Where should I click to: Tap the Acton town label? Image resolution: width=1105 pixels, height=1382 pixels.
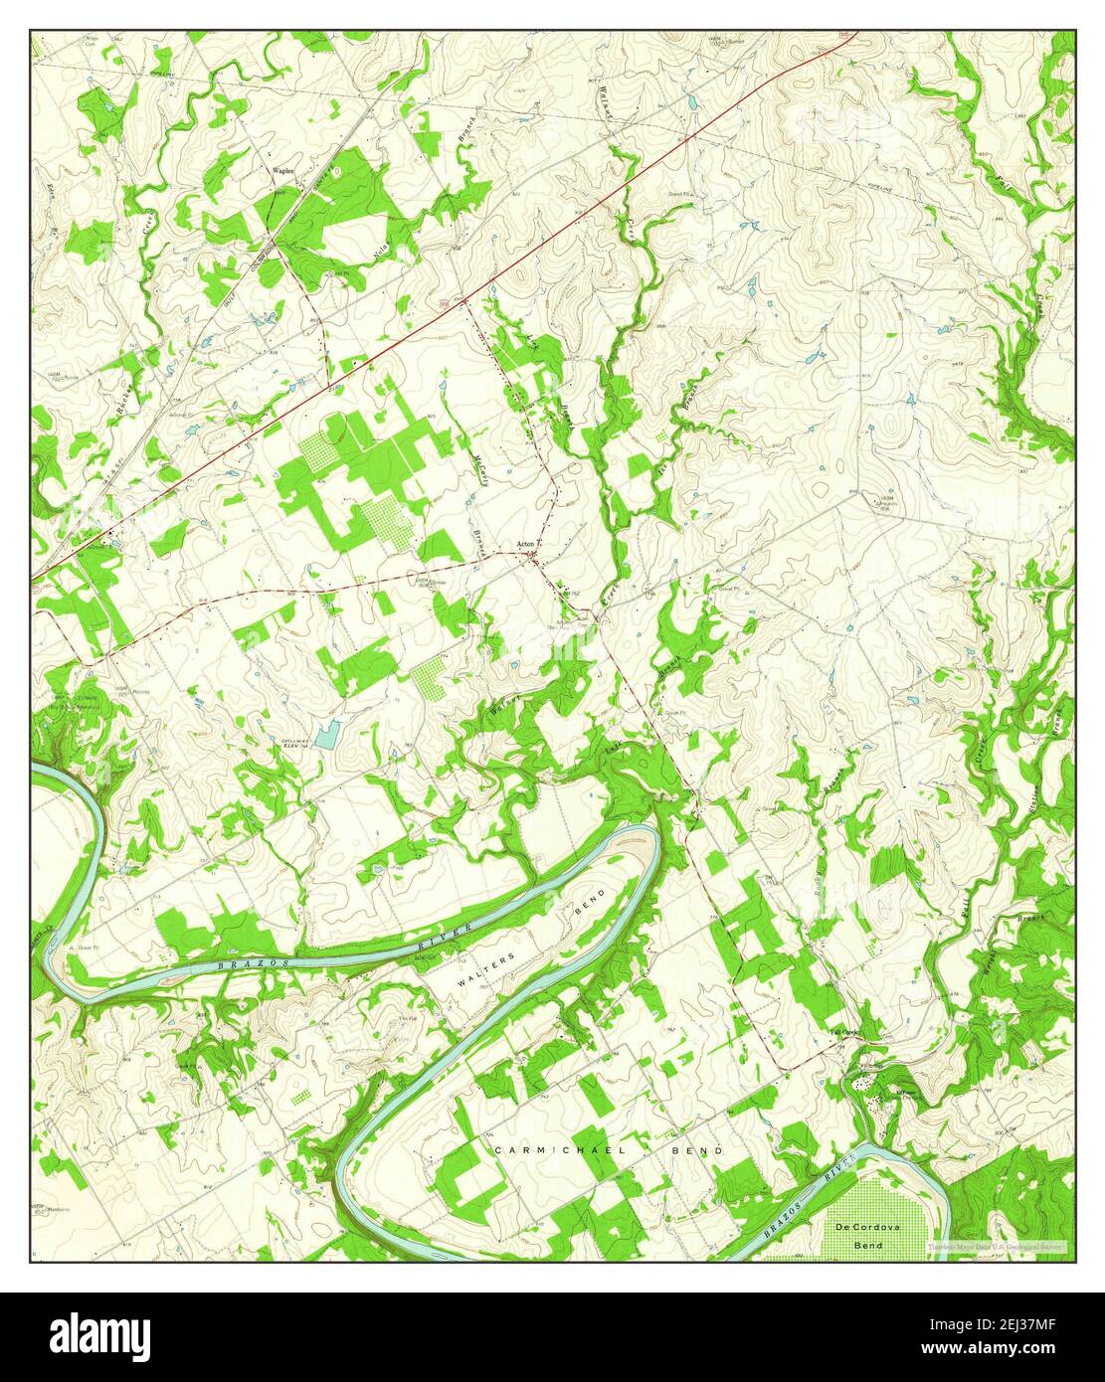[x=526, y=544]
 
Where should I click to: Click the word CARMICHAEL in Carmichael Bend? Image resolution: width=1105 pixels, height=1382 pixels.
[x=558, y=1149]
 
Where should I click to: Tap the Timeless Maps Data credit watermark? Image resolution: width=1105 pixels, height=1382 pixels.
[x=996, y=1246]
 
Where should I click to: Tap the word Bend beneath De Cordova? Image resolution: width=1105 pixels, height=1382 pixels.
[x=868, y=1245]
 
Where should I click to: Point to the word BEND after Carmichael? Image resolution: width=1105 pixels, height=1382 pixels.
[x=701, y=1149]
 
